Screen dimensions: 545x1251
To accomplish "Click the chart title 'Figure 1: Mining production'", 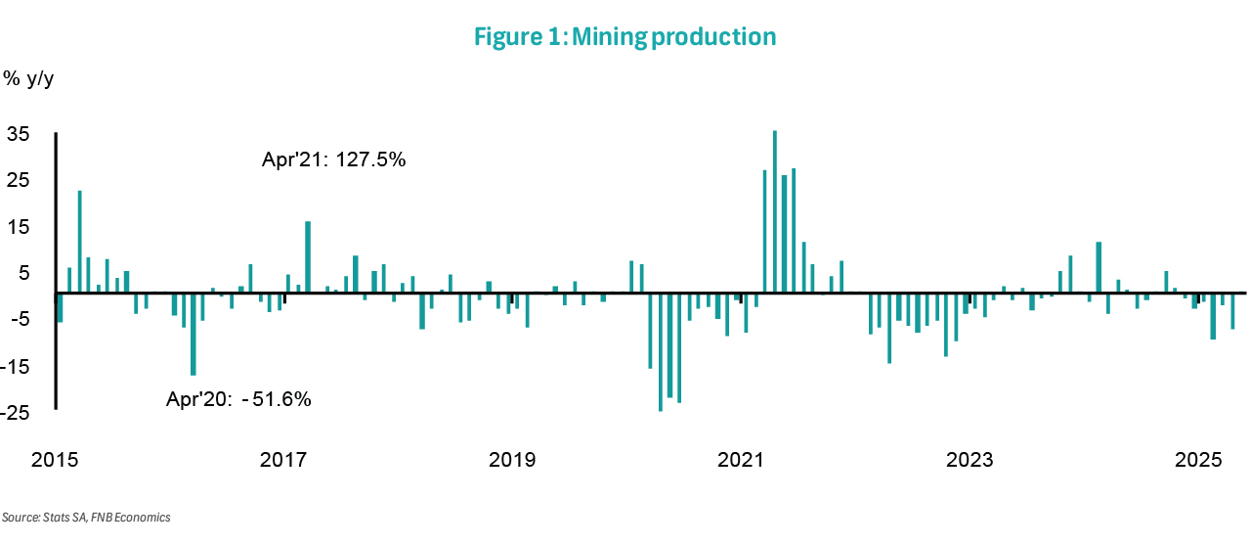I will [625, 37].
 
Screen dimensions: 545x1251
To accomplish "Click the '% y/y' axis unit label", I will [29, 79].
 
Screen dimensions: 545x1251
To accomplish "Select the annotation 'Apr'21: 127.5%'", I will [333, 159].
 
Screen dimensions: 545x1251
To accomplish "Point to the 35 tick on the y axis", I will [19, 134].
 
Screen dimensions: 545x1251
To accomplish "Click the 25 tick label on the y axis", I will [19, 181].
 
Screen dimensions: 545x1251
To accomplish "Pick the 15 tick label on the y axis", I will [19, 227].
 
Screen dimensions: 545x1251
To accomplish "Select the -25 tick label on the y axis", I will [16, 413].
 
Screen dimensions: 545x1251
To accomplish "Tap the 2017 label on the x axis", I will [283, 460].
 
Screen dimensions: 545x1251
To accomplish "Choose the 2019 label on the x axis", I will [512, 460].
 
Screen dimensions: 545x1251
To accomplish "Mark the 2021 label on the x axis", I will [741, 460].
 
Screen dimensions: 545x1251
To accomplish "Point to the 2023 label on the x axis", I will [970, 460].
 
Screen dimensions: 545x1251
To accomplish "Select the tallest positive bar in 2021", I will [775, 211].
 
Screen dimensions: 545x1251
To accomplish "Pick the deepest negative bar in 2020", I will [661, 351].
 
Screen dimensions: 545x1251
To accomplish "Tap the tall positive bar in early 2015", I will [80, 241].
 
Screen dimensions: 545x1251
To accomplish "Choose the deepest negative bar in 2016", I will [194, 334].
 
